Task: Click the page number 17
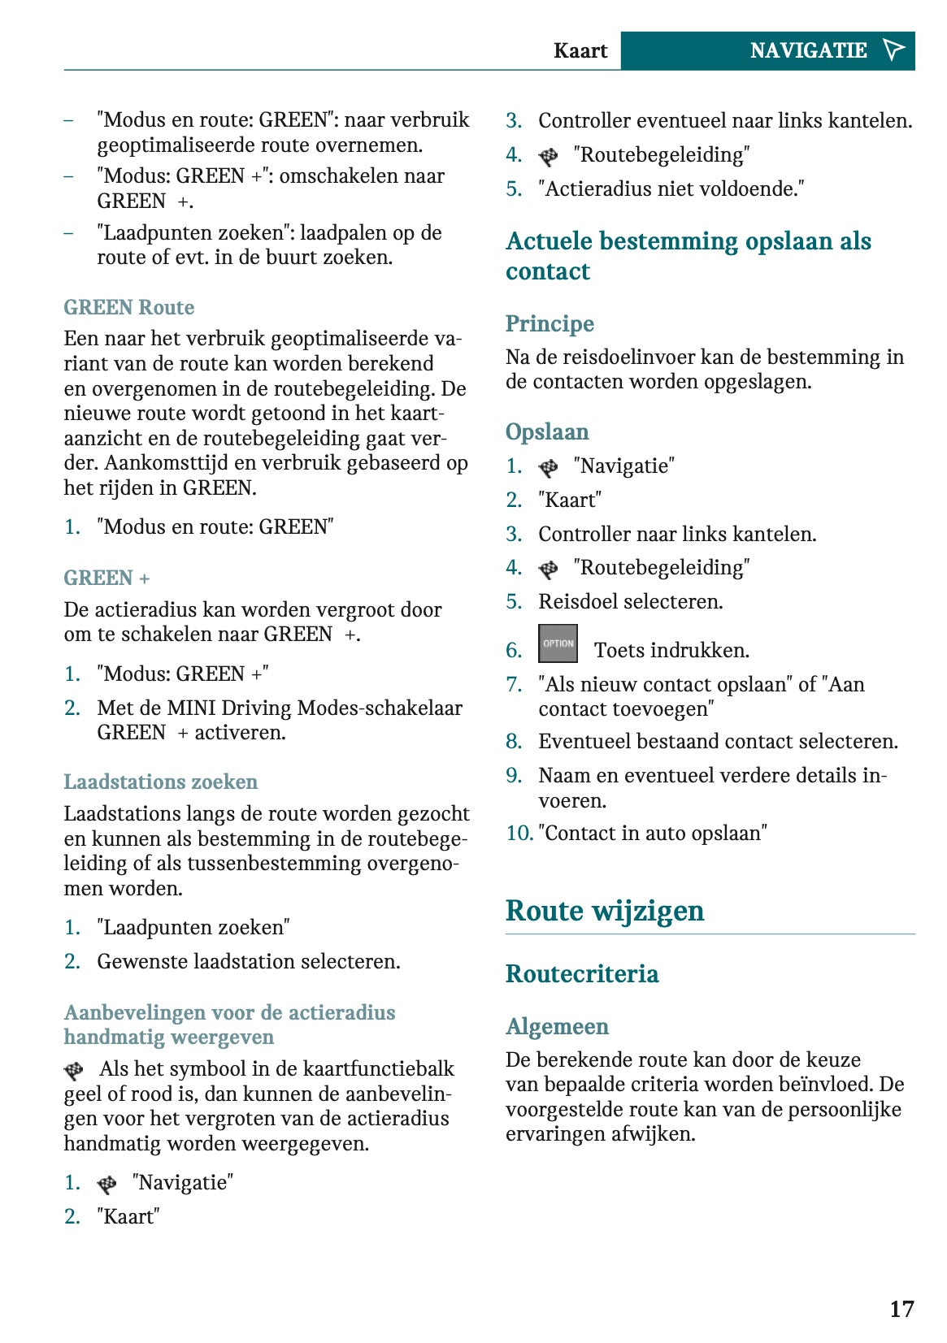coord(901,1309)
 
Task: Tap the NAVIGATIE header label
coord(808,50)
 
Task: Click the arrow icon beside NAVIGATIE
coord(893,50)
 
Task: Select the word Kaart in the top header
coord(580,50)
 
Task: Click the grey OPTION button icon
coord(558,643)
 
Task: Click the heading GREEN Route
coord(129,307)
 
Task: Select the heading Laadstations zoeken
coord(160,782)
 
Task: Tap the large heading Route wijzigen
coord(604,911)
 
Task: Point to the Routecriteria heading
coord(582,973)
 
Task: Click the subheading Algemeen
coord(557,1026)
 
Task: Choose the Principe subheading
coord(550,323)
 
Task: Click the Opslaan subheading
coord(547,431)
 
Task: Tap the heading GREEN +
coord(106,578)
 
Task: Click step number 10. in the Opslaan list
coord(519,833)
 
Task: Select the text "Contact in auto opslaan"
coord(653,833)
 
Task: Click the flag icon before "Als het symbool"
coord(74,1070)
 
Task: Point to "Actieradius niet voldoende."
coord(671,188)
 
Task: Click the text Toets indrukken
coord(671,650)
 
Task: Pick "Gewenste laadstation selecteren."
coord(248,961)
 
